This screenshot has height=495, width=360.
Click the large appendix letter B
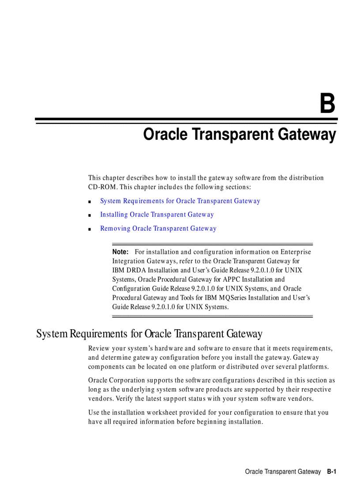point(327,104)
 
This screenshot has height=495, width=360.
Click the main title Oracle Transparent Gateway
point(240,134)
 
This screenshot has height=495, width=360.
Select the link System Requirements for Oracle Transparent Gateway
point(180,201)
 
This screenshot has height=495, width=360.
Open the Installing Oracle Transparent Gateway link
point(157,215)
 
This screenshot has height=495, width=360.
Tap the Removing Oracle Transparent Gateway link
point(158,228)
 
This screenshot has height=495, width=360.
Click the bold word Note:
point(120,252)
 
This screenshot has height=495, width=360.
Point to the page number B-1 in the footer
point(332,472)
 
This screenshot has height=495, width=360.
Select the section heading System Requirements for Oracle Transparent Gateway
point(149,334)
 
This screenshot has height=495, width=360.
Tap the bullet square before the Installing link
point(90,216)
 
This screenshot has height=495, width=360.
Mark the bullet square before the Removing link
point(90,229)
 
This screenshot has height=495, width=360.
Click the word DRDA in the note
point(136,270)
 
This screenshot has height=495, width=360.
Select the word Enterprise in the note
point(296,252)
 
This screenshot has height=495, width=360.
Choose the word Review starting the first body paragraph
point(98,349)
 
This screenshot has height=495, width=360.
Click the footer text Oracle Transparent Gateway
point(283,472)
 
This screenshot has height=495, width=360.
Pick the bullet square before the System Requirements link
point(90,202)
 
